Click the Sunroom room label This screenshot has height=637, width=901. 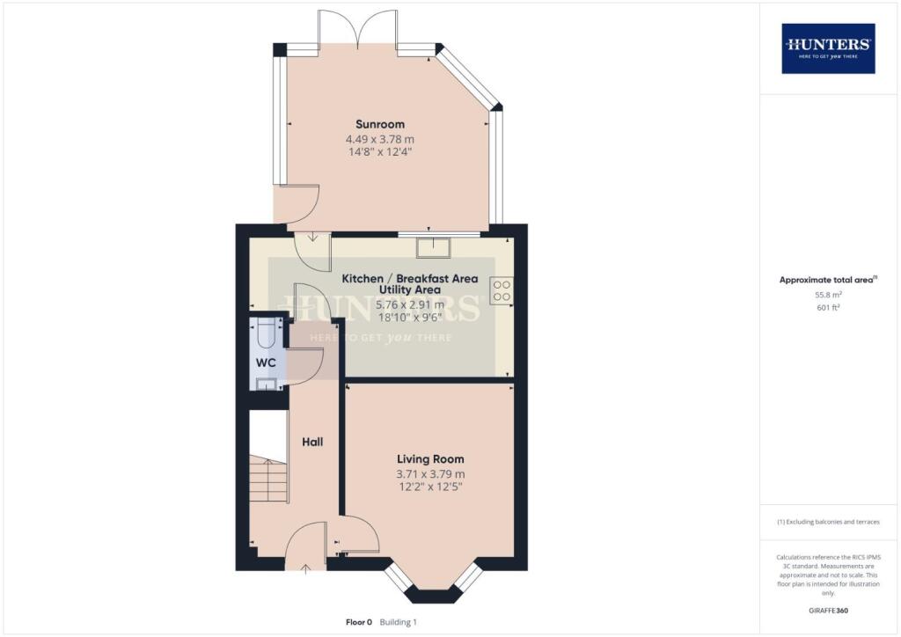point(380,124)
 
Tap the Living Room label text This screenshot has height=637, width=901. point(430,459)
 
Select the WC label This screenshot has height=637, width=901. point(266,362)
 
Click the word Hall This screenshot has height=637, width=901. point(312,442)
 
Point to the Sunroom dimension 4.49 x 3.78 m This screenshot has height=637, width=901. point(380,139)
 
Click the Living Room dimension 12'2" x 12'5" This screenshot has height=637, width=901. point(430,488)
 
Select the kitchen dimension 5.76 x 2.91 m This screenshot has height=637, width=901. point(410,304)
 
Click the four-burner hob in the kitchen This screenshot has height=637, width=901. point(502,290)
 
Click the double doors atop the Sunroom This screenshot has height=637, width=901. point(357,26)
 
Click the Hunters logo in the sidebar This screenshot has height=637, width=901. point(828,48)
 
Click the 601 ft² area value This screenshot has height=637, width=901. point(828,310)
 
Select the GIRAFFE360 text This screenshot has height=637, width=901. point(828,611)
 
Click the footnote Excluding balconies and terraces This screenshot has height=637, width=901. point(828,522)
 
